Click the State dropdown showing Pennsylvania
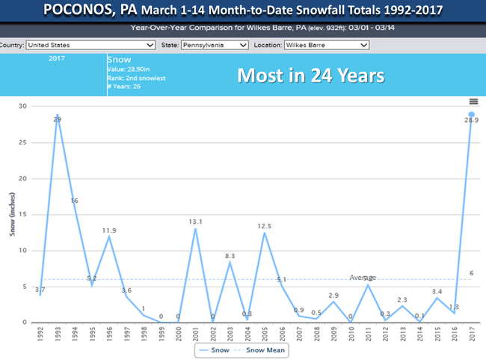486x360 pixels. (214, 45)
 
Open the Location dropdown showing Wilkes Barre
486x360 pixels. (327, 45)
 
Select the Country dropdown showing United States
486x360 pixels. (68, 45)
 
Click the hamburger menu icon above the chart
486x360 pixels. (473, 102)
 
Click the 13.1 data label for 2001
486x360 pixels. (196, 221)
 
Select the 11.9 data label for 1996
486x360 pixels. (108, 230)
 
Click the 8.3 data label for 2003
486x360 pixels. (230, 255)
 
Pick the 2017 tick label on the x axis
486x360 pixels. (472, 335)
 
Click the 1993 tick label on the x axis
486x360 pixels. (57, 335)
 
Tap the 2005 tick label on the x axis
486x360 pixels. (265, 335)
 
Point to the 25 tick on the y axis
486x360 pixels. (22, 142)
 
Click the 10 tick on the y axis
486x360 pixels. (22, 251)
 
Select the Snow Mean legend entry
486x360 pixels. (266, 349)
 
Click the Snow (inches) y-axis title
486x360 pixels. (13, 214)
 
